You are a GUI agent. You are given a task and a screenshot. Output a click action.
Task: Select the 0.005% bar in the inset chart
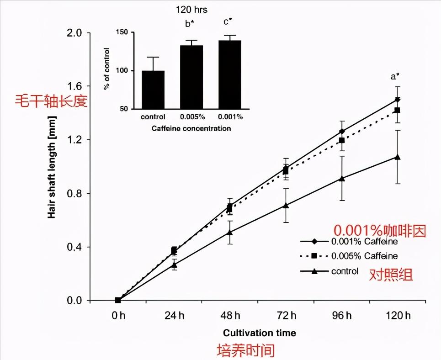(191, 77)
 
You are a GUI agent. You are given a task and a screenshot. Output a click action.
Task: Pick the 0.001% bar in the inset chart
(229, 75)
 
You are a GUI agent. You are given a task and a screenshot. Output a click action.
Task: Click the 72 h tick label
(287, 315)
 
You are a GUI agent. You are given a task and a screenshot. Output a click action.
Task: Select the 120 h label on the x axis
(398, 315)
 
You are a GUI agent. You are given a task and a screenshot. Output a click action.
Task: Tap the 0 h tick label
(118, 315)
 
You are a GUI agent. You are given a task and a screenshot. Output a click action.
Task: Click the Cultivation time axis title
(259, 333)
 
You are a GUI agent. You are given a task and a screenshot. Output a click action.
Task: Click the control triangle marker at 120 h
(398, 157)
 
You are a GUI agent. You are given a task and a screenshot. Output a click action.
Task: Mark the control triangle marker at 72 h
(286, 205)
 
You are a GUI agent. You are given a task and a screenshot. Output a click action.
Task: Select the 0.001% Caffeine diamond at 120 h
(398, 99)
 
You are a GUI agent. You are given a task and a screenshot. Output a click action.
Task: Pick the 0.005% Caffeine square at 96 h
(342, 141)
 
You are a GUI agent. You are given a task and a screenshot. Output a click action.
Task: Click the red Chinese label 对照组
(391, 275)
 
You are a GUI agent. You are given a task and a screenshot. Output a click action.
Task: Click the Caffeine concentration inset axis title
(191, 128)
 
